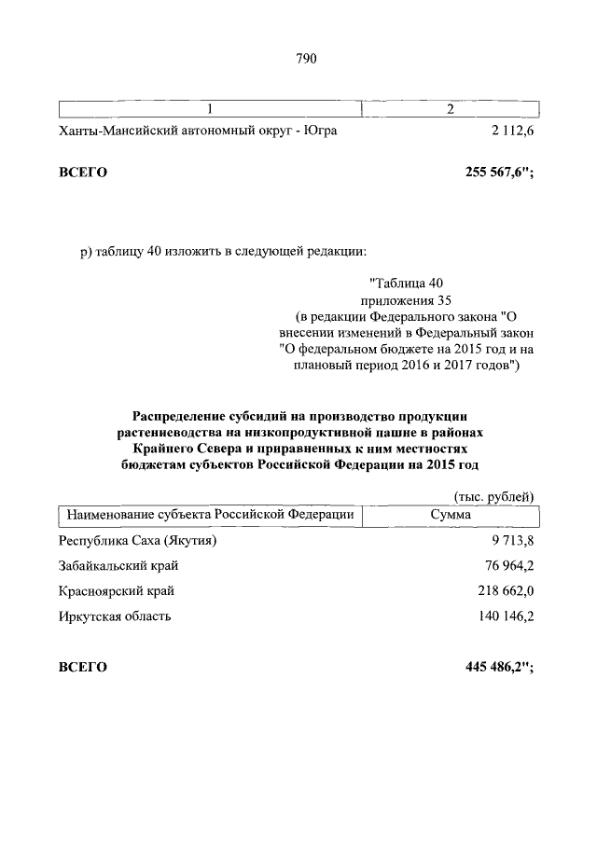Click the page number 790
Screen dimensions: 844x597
point(307,59)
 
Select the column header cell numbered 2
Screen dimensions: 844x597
point(451,110)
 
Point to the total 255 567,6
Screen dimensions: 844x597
point(498,173)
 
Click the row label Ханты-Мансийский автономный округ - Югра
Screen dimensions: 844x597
point(198,131)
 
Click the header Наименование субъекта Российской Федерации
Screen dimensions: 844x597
point(209,514)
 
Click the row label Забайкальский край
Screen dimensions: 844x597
point(118,566)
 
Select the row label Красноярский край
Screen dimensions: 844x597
point(116,591)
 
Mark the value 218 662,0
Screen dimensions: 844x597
point(500,591)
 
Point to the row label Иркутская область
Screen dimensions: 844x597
point(115,616)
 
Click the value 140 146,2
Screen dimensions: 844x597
point(500,616)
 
